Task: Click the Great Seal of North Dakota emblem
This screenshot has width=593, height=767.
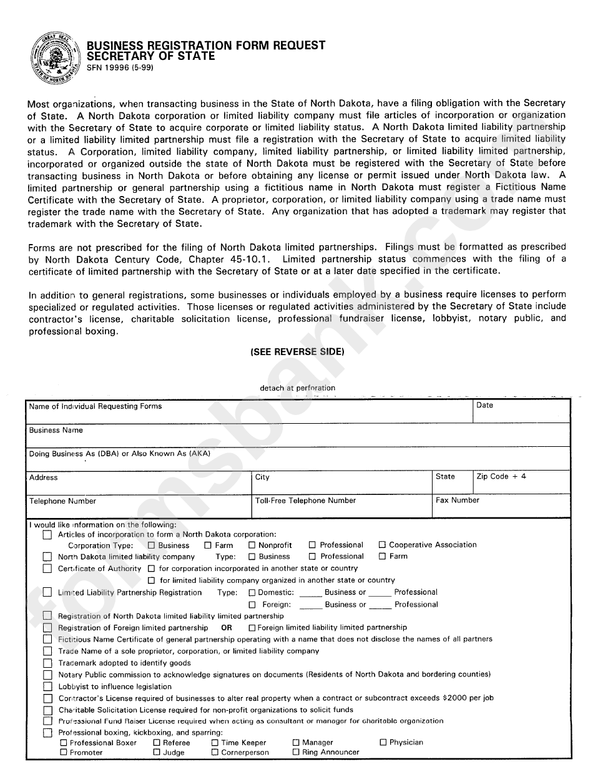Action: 53,59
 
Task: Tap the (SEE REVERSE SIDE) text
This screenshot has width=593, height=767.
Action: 297,352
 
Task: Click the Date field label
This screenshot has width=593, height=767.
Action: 484,406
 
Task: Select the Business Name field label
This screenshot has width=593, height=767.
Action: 56,430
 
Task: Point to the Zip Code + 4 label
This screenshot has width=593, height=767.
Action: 501,476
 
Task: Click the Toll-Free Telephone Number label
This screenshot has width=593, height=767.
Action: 305,501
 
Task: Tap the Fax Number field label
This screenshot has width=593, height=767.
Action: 458,501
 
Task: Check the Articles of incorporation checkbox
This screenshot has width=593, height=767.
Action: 47,535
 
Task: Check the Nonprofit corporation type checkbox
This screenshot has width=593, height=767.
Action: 252,545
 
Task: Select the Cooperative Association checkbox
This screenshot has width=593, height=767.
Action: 383,545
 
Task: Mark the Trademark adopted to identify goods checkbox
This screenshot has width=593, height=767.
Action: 47,663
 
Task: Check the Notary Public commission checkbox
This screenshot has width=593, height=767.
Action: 47,675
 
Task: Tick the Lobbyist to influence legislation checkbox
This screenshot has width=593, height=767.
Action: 47,686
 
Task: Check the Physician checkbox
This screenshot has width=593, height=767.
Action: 383,743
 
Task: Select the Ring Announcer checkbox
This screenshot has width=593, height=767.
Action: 296,753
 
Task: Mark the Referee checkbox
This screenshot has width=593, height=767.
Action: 157,743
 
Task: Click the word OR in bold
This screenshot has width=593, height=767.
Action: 227,628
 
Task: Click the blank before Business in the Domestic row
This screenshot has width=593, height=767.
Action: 310,594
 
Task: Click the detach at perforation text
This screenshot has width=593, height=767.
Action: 297,388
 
